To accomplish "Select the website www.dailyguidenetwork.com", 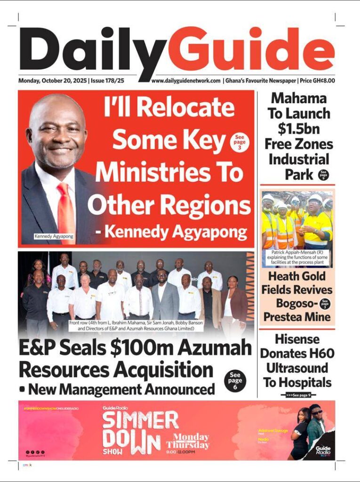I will [186, 80].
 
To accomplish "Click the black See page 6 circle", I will [235, 380].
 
